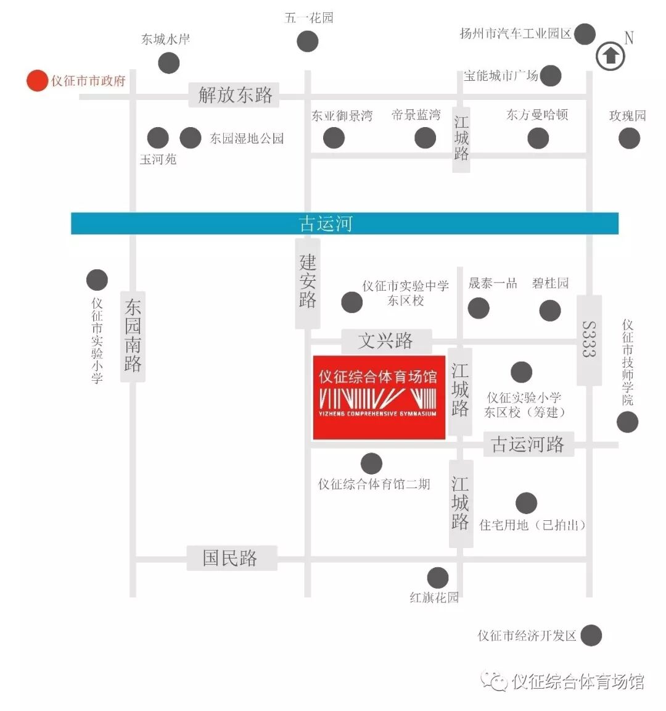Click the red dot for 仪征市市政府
36,80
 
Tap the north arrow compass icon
610,56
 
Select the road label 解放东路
235,95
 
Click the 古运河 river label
325,223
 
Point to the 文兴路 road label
385,341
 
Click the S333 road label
589,339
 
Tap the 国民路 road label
230,558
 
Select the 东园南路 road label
133,336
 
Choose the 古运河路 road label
527,444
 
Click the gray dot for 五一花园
307,42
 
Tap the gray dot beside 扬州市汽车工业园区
585,34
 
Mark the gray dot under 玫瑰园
629,138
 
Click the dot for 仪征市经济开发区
591,635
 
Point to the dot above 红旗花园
438,578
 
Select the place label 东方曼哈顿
536,115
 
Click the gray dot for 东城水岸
168,62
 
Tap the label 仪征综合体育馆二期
374,484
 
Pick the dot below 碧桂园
550,310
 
